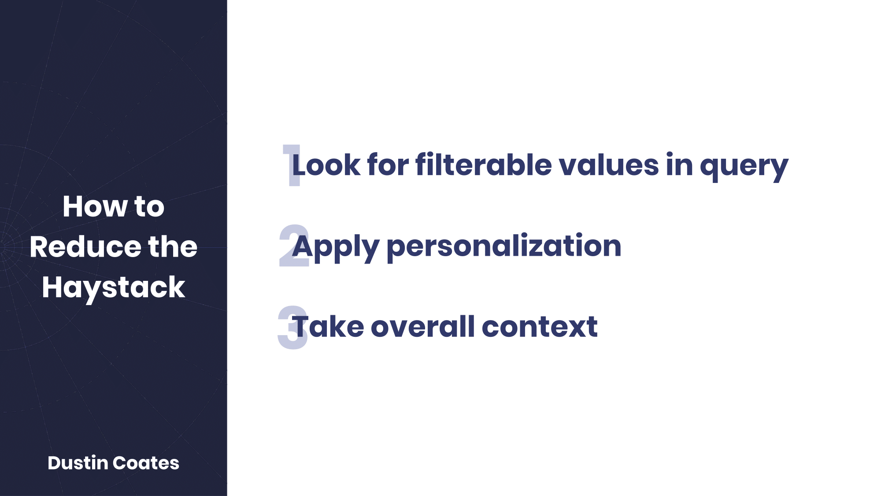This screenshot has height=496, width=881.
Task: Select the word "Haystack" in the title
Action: pos(114,288)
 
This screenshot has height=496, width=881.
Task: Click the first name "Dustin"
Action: pos(78,463)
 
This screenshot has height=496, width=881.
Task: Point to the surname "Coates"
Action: pos(146,463)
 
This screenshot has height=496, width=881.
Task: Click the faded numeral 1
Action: pos(291,165)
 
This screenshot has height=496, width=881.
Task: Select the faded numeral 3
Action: pos(292,328)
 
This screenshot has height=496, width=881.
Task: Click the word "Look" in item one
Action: pos(326,165)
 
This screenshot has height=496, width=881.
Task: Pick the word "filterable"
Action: pos(484,164)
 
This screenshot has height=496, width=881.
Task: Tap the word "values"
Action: pos(609,165)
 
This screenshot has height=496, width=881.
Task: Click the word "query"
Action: pos(744,167)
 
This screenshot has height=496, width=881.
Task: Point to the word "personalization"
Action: pos(504,247)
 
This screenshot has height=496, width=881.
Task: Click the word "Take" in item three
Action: pos(328,327)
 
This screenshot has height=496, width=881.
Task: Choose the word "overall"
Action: pos(423,327)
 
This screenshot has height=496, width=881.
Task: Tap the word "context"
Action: pos(540,328)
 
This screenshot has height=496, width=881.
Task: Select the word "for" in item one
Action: pos(388,164)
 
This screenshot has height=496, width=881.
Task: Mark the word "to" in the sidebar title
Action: pos(149,207)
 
